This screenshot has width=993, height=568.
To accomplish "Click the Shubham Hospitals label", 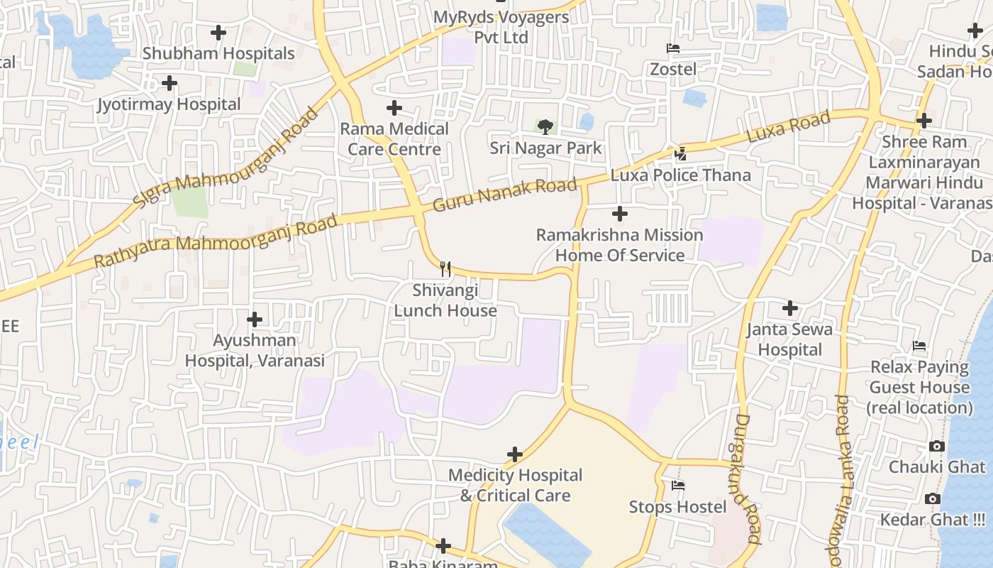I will click(x=218, y=53).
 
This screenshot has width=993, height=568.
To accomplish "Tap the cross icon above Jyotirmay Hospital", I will click(x=169, y=84).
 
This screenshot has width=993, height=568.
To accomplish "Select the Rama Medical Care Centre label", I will click(x=394, y=139).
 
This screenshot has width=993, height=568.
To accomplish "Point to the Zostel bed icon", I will click(x=673, y=48).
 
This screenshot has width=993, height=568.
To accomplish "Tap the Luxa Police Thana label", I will click(x=680, y=175).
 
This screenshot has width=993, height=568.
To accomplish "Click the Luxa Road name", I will click(x=788, y=128).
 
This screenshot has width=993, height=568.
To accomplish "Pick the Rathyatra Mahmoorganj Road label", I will click(x=215, y=242).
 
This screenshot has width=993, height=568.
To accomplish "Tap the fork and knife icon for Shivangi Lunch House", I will click(x=445, y=268).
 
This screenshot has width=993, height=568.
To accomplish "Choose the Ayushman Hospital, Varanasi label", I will click(x=255, y=350).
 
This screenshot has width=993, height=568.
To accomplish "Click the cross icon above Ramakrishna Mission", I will click(x=620, y=213).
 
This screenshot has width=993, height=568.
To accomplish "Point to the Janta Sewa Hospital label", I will click(x=789, y=339).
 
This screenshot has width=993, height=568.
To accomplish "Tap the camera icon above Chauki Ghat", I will click(x=936, y=447).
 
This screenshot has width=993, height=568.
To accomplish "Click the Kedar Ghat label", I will click(x=932, y=520).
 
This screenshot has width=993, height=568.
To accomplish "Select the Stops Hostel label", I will click(x=677, y=507).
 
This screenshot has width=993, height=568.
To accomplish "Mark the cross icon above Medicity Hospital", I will click(x=515, y=454).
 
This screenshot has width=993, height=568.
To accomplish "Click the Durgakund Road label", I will click(x=745, y=479).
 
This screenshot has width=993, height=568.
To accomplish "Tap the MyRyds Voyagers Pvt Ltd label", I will click(x=501, y=27).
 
